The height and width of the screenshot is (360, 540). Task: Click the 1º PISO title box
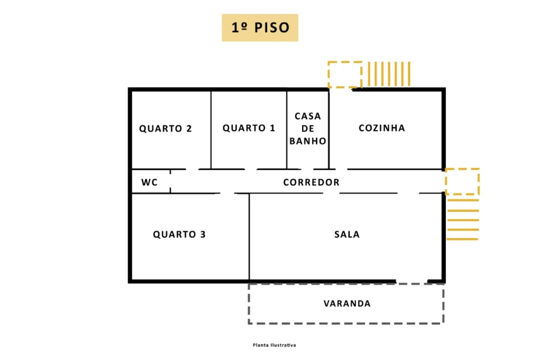(x=260, y=27)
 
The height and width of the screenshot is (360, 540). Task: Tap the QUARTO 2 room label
(x=165, y=128)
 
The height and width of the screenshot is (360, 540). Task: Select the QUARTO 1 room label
(x=248, y=128)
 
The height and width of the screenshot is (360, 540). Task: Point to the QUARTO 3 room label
(x=179, y=234)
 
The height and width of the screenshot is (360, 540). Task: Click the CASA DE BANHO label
(x=307, y=128)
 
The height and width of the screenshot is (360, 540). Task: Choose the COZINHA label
(x=381, y=128)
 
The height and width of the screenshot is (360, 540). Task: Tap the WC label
(x=149, y=182)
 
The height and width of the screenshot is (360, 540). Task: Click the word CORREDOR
(x=311, y=182)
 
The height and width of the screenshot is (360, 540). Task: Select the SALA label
(x=347, y=234)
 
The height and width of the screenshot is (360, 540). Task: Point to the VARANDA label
(x=347, y=303)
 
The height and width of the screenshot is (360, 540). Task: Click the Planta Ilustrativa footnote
(x=274, y=345)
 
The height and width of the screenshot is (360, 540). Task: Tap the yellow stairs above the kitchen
(x=389, y=73)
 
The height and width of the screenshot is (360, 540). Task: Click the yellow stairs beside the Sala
(x=462, y=219)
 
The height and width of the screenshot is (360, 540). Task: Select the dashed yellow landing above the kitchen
(x=344, y=74)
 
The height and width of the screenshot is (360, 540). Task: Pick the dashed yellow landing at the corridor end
(x=462, y=181)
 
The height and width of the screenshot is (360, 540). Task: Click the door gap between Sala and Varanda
(x=411, y=282)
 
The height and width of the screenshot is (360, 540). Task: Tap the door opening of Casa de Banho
(x=307, y=169)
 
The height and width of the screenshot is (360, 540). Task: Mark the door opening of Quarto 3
(x=227, y=193)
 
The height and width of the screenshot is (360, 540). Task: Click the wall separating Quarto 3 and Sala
(x=249, y=236)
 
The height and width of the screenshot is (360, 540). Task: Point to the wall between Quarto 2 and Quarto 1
(x=211, y=130)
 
